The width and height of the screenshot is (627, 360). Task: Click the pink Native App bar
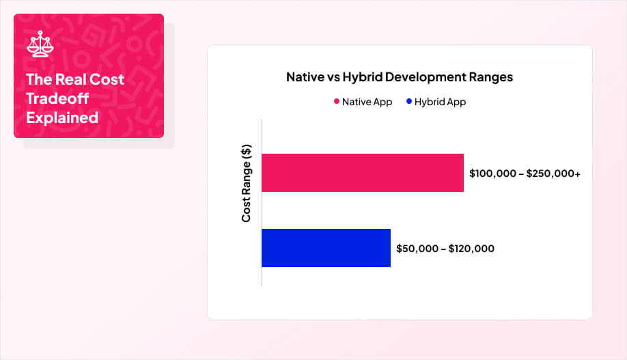[x=362, y=173]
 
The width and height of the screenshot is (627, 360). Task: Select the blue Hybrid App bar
[x=326, y=248]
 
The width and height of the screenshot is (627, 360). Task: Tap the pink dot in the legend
[x=336, y=102]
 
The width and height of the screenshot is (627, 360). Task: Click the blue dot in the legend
[x=408, y=102]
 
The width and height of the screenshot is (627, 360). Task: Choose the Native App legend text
[x=367, y=102]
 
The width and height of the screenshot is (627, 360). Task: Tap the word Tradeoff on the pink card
[x=57, y=98]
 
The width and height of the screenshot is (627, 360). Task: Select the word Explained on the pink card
[x=62, y=117]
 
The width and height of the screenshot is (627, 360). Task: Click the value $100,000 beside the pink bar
[x=492, y=174]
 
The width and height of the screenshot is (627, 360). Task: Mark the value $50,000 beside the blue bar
[x=417, y=249]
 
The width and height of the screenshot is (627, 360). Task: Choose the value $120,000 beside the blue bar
[x=471, y=249]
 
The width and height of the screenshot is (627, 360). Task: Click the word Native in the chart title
[x=303, y=77]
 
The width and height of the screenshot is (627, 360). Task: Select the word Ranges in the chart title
[x=490, y=77]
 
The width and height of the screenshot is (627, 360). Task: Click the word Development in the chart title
[x=424, y=77]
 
